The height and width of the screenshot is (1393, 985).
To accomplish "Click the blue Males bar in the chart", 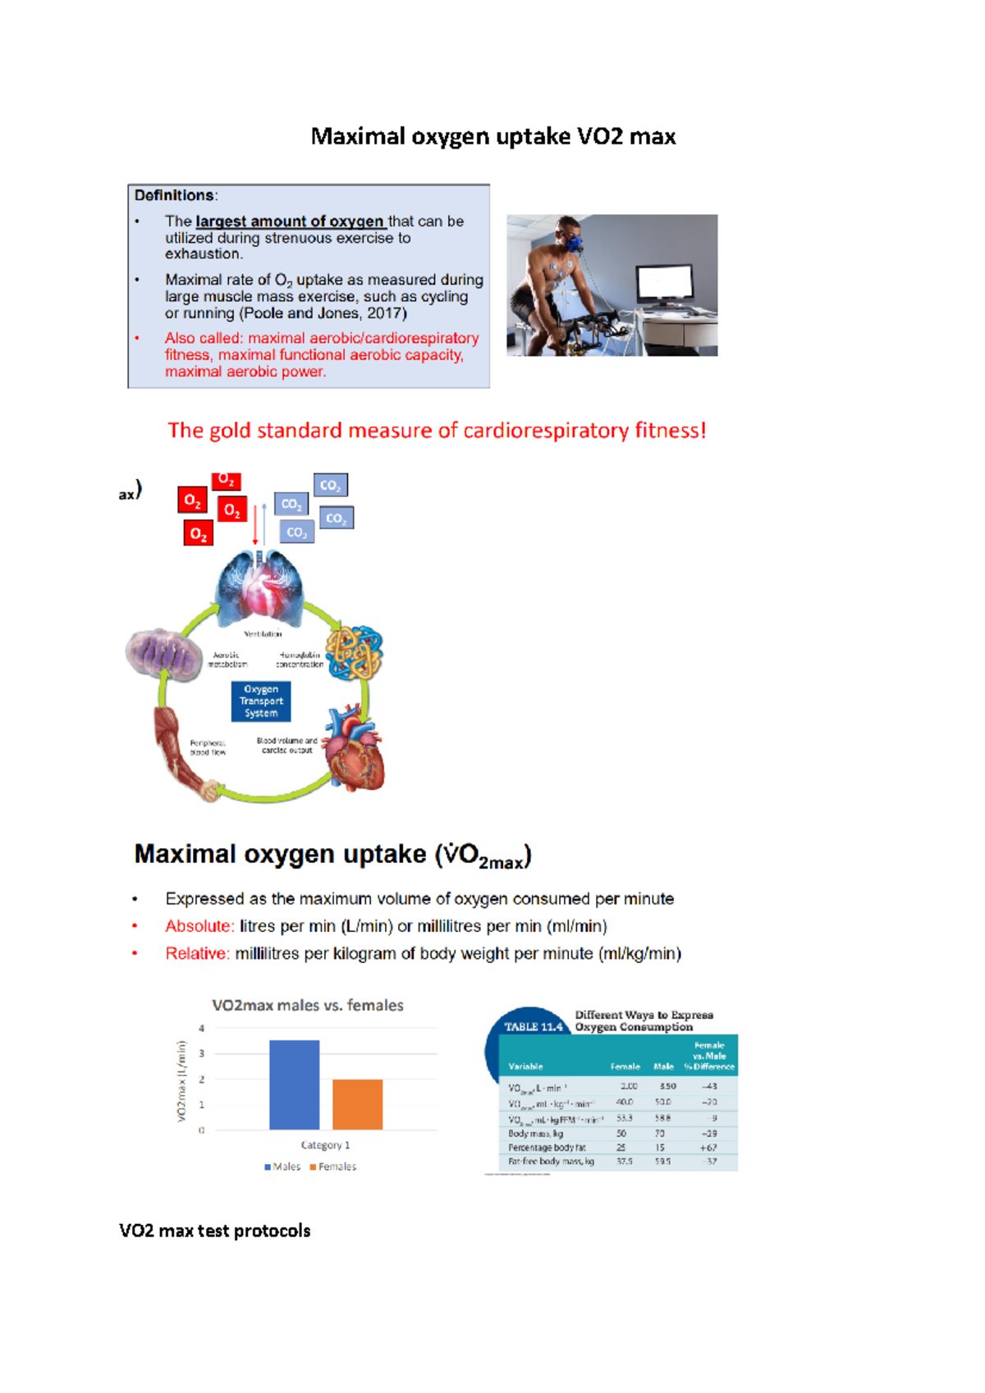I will pos(294,1085).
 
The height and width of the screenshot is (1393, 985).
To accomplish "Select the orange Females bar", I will pos(357,1104).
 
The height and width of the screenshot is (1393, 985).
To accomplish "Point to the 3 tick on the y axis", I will pos(201,1053).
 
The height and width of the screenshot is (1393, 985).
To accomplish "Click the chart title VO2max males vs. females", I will pos(308,1005).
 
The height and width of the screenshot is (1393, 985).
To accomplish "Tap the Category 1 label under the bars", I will pos(325,1145).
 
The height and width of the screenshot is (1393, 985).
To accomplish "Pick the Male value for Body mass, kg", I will pos(660,1134).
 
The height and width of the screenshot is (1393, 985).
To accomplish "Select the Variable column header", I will pos(525,1066).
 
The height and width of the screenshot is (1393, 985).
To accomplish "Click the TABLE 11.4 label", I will pos(534,1027).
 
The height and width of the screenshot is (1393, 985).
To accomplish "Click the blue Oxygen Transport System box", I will pos(261,701).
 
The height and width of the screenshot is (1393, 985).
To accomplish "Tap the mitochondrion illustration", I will pos(163,655).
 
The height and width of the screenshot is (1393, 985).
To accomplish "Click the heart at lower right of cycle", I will pos(355,751).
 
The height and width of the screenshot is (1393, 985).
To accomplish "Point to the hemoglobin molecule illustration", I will pos(355,653).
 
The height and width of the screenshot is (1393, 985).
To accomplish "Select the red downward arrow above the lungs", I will pos(255,525).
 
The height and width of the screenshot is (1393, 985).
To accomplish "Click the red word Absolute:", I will pos(199,926).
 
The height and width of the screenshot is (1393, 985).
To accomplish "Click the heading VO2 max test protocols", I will pos(215,1231).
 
